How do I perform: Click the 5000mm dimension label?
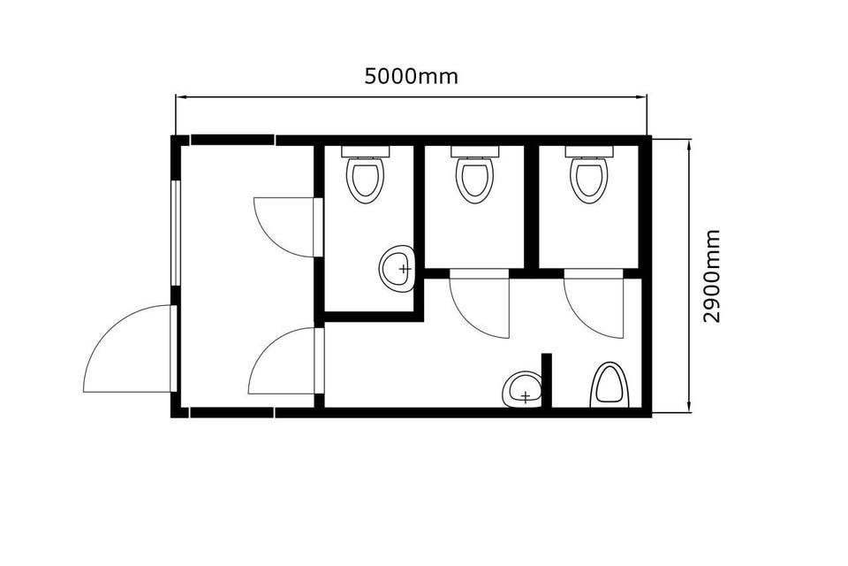pyautogui.click(x=411, y=76)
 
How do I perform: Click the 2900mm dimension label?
pyautogui.click(x=712, y=276)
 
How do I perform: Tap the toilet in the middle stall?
pyautogui.click(x=475, y=173)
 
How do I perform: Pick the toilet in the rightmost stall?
pyautogui.click(x=589, y=173)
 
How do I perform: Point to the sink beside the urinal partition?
pyautogui.click(x=522, y=389)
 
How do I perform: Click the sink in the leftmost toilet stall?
pyautogui.click(x=397, y=268)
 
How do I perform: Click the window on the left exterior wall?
pyautogui.click(x=175, y=233)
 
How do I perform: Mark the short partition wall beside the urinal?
pyautogui.click(x=547, y=379)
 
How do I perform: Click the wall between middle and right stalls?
pyautogui.click(x=532, y=206)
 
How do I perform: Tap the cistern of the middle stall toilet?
pyautogui.click(x=475, y=151)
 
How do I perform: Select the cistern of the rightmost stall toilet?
pyautogui.click(x=589, y=151)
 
